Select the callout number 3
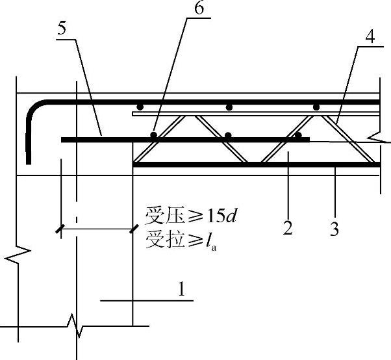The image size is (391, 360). point(334,229)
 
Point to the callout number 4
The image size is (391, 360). point(369,37)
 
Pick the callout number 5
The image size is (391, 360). point(61,29)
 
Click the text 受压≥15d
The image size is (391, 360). point(190,214)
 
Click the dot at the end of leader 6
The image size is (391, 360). point(154,135)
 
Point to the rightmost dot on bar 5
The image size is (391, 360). point(298,136)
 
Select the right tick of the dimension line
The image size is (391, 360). point(133,228)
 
